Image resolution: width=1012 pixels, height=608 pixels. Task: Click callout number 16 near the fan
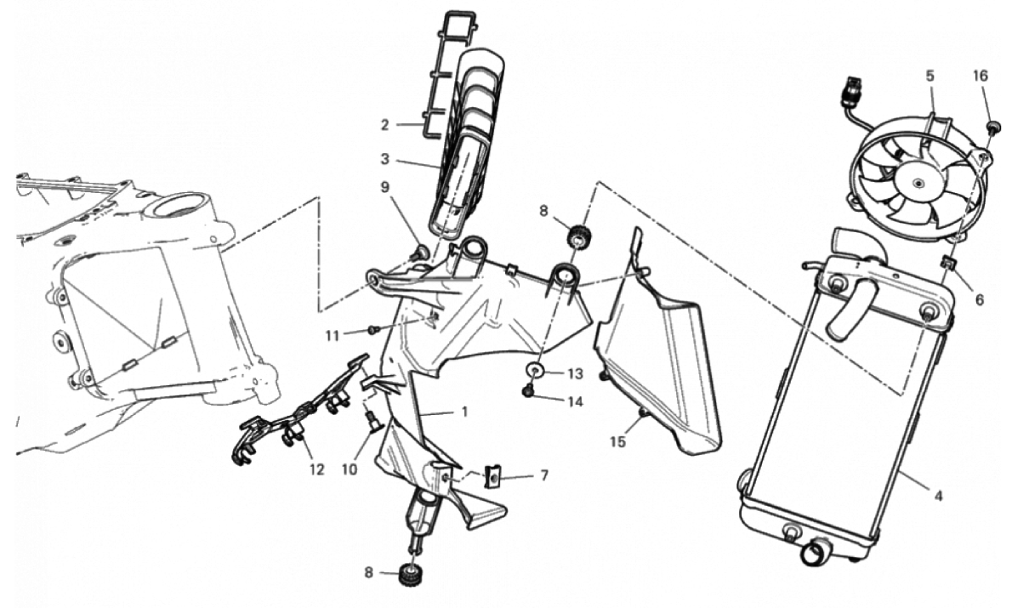980,77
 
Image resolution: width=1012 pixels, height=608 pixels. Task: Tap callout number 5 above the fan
930,77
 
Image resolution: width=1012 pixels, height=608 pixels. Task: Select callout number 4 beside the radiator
938,497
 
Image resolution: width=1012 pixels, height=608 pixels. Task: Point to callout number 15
617,442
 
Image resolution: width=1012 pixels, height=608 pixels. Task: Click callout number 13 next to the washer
575,373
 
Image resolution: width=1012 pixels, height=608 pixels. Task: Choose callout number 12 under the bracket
316,470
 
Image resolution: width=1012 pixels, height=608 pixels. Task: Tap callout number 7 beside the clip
544,475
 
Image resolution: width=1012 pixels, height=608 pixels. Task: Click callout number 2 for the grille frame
384,124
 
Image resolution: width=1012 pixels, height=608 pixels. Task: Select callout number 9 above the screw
384,187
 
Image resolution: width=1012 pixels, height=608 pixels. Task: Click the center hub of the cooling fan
917,183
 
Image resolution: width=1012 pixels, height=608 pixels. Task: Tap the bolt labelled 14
526,390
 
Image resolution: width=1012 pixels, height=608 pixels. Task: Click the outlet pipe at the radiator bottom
815,553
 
